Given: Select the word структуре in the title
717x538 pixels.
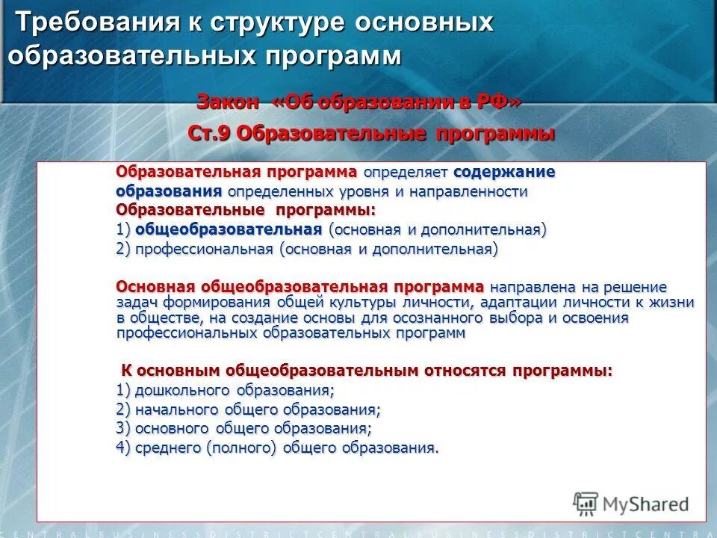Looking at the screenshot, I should click(273, 23).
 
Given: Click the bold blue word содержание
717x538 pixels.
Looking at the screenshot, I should click(504, 173).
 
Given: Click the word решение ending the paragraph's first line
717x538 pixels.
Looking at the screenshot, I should click(633, 288).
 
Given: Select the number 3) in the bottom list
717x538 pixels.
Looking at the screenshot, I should click(123, 429).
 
